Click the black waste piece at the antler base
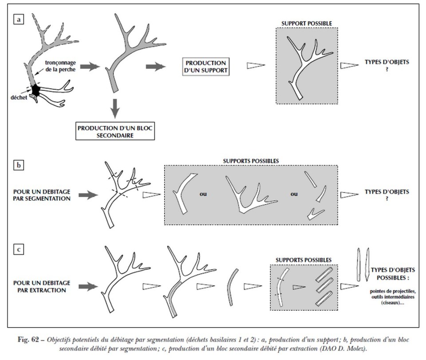coord(36,90)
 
